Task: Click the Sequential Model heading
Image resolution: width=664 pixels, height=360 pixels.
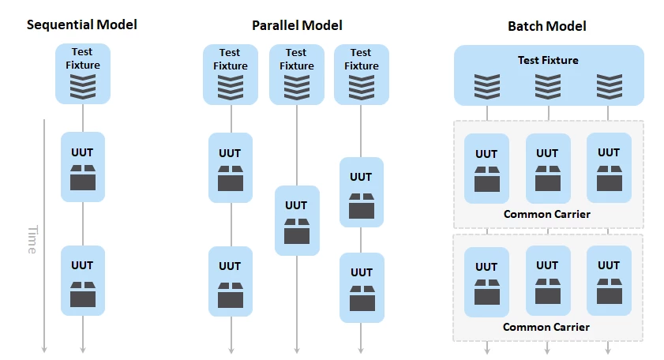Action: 82,24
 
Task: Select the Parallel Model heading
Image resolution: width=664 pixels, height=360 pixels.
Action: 297,25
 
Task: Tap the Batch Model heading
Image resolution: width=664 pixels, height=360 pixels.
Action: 546,26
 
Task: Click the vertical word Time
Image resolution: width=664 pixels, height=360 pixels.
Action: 32,239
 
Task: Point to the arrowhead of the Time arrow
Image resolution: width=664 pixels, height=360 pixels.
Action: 44,351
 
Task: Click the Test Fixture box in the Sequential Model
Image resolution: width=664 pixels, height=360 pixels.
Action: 83,73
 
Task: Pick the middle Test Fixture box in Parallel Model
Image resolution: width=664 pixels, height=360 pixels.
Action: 296,74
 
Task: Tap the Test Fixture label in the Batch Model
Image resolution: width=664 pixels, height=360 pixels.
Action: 548,60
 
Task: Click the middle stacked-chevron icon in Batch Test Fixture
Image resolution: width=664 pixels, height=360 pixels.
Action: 548,87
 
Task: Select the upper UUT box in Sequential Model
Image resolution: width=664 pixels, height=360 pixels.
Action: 83,167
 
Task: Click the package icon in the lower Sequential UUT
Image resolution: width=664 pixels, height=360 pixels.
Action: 83,294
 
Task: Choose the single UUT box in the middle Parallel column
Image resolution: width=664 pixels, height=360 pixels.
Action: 297,221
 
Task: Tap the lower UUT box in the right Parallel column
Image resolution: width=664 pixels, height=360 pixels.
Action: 362,288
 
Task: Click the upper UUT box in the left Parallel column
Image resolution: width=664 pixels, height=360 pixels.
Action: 231,167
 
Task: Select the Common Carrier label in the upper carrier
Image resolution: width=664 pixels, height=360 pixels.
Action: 546,214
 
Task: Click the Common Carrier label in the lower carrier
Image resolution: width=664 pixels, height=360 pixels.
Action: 546,327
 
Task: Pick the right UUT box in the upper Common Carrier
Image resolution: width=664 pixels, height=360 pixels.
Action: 609,167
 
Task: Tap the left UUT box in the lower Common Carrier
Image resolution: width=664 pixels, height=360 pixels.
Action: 486,282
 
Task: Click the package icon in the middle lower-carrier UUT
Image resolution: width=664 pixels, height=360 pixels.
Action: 548,291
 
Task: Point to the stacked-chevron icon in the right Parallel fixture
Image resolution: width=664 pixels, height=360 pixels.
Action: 362,88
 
